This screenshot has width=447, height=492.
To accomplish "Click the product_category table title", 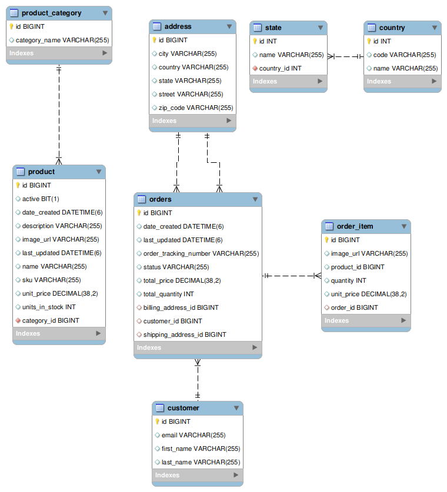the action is pyautogui.click(x=52, y=13).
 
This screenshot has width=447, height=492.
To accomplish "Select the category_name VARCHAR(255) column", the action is pyautogui.click(x=62, y=40).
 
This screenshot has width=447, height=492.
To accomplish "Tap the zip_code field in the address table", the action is pyautogui.click(x=196, y=108).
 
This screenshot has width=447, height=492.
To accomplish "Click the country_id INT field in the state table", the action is pyautogui.click(x=280, y=68).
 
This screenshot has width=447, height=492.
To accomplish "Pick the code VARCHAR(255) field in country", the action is pyautogui.click(x=404, y=55).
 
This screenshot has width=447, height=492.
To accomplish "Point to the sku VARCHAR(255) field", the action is pyautogui.click(x=52, y=280).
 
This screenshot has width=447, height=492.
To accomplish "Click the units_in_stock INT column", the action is pyautogui.click(x=49, y=307).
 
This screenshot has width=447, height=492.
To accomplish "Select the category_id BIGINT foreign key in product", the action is pyautogui.click(x=51, y=320).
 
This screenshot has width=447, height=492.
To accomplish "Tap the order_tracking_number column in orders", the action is pyautogui.click(x=201, y=253).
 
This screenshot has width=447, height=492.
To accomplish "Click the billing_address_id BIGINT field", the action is pyautogui.click(x=181, y=307).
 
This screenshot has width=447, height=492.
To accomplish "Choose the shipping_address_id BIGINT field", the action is pyautogui.click(x=185, y=334).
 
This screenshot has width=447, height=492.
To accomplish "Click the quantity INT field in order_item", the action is pyautogui.click(x=348, y=280).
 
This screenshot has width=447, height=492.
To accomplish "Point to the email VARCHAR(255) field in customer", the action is pyautogui.click(x=194, y=435).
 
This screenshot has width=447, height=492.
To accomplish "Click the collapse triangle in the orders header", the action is pyautogui.click(x=255, y=199).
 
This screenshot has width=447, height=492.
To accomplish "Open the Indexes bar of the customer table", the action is pyautogui.click(x=198, y=475).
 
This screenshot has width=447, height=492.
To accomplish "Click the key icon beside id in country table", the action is pyautogui.click(x=369, y=41).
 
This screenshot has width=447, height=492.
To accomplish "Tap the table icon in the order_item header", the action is pyautogui.click(x=329, y=226).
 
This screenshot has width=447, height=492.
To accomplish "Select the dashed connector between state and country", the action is pyautogui.click(x=345, y=56).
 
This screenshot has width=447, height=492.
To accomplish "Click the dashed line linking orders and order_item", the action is pyautogui.click(x=292, y=276).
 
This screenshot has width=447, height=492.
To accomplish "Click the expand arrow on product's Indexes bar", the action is pyautogui.click(x=98, y=333).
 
